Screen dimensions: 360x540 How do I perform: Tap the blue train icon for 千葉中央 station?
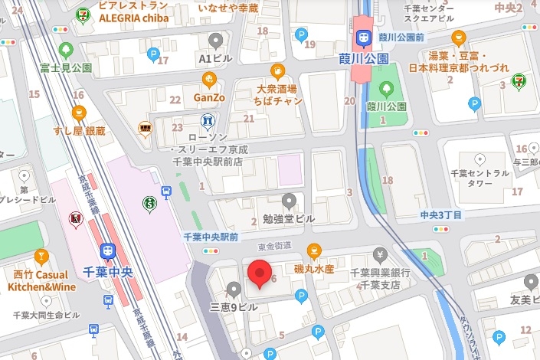pyautogui.click(x=108, y=250)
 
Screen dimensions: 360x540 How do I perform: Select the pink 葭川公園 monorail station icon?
pyautogui.click(x=361, y=38)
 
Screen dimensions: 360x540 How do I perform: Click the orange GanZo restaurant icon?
pyautogui.click(x=208, y=79)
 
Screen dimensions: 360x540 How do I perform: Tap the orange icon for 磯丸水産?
pyautogui.click(x=314, y=250)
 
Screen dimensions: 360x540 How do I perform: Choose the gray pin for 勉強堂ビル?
pyautogui.click(x=289, y=201)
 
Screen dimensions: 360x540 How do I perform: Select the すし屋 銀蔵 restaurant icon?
pyautogui.click(x=78, y=113)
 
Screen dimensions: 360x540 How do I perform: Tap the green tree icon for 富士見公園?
pyautogui.click(x=65, y=51)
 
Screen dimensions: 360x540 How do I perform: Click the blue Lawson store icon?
pyautogui.click(x=206, y=121)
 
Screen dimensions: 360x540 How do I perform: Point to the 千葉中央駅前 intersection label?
pyautogui.click(x=211, y=237)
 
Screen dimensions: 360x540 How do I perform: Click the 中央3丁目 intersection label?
pyautogui.click(x=441, y=215)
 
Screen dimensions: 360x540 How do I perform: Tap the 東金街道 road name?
pyautogui.click(x=275, y=245)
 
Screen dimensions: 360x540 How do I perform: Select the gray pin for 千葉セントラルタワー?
pyautogui.click(x=480, y=159)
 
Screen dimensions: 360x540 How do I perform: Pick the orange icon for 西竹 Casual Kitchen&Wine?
pyautogui.click(x=42, y=256)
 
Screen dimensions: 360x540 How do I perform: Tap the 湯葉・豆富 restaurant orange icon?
pyautogui.click(x=458, y=38)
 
